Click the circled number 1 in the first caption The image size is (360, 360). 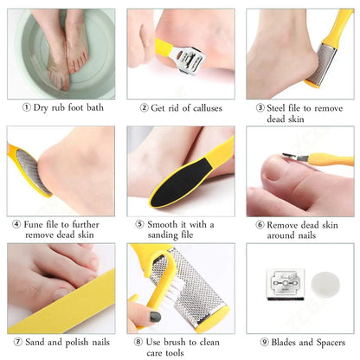(26, 107)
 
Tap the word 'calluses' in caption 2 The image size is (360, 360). (208, 108)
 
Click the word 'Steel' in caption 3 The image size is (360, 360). (277, 108)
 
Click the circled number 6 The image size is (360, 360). (260, 225)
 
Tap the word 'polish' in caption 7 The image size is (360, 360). (77, 343)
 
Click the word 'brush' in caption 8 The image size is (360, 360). (175, 342)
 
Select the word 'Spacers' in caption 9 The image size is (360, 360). (331, 343)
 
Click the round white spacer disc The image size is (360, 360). (325, 286)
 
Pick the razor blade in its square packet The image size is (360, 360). (285, 285)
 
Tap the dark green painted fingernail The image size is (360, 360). (155, 317)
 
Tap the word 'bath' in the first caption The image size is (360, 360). (95, 107)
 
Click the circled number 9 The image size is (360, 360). (264, 343)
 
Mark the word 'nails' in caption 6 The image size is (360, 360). (305, 235)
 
